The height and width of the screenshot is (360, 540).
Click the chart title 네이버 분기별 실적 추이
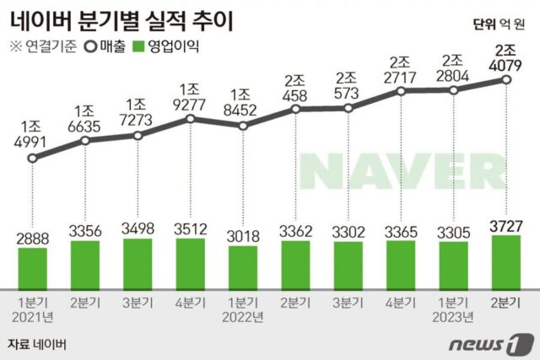pyautogui.click(x=123, y=18)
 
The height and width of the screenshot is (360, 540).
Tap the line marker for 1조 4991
pyautogui.click(x=32, y=157)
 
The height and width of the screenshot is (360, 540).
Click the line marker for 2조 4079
pyautogui.click(x=505, y=79)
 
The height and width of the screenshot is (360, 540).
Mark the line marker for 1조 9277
pyautogui.click(x=191, y=119)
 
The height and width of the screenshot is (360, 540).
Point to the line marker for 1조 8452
pyautogui.click(x=243, y=126)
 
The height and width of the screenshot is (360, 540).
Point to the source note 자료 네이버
pyautogui.click(x=35, y=344)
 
